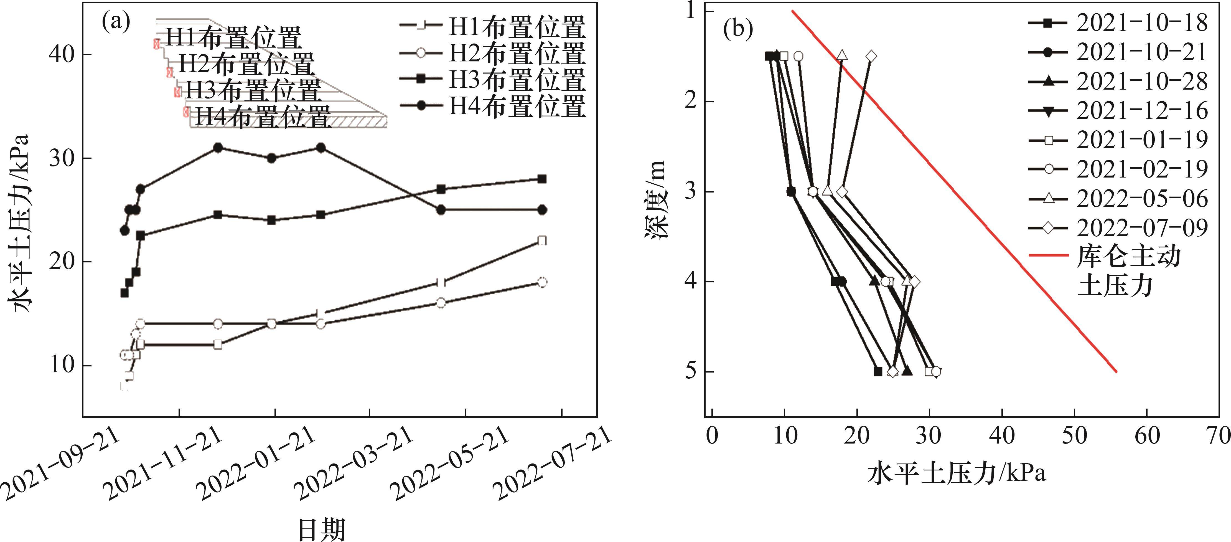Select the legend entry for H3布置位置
point(492,80)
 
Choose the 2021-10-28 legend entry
point(1118,81)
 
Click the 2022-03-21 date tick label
point(353,464)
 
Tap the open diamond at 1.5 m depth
point(871,56)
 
